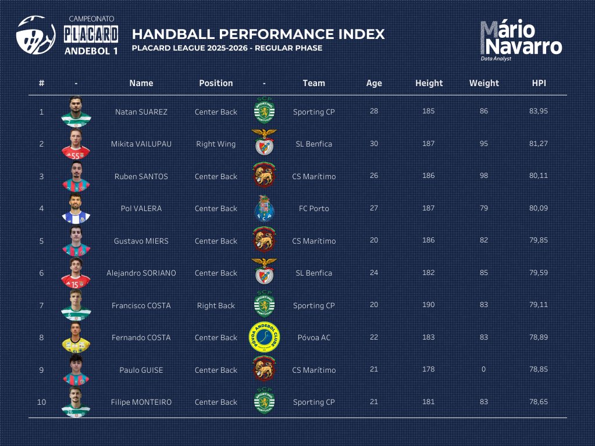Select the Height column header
coord(429,83)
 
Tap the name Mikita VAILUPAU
coord(141,144)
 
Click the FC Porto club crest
coord(264,208)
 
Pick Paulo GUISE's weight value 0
coord(484,369)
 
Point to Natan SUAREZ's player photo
coord(76,110)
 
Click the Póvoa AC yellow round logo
coord(264,337)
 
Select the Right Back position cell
coord(216,305)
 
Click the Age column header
coord(374,83)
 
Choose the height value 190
coord(428,305)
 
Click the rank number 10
coord(41,402)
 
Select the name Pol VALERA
coord(141,208)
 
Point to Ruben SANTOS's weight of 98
coord(484,176)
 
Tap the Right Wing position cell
coord(216,144)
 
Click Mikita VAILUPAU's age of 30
coord(374,143)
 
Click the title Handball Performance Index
coord(258,34)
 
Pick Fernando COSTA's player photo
coord(76,337)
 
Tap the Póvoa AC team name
coord(313,337)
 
